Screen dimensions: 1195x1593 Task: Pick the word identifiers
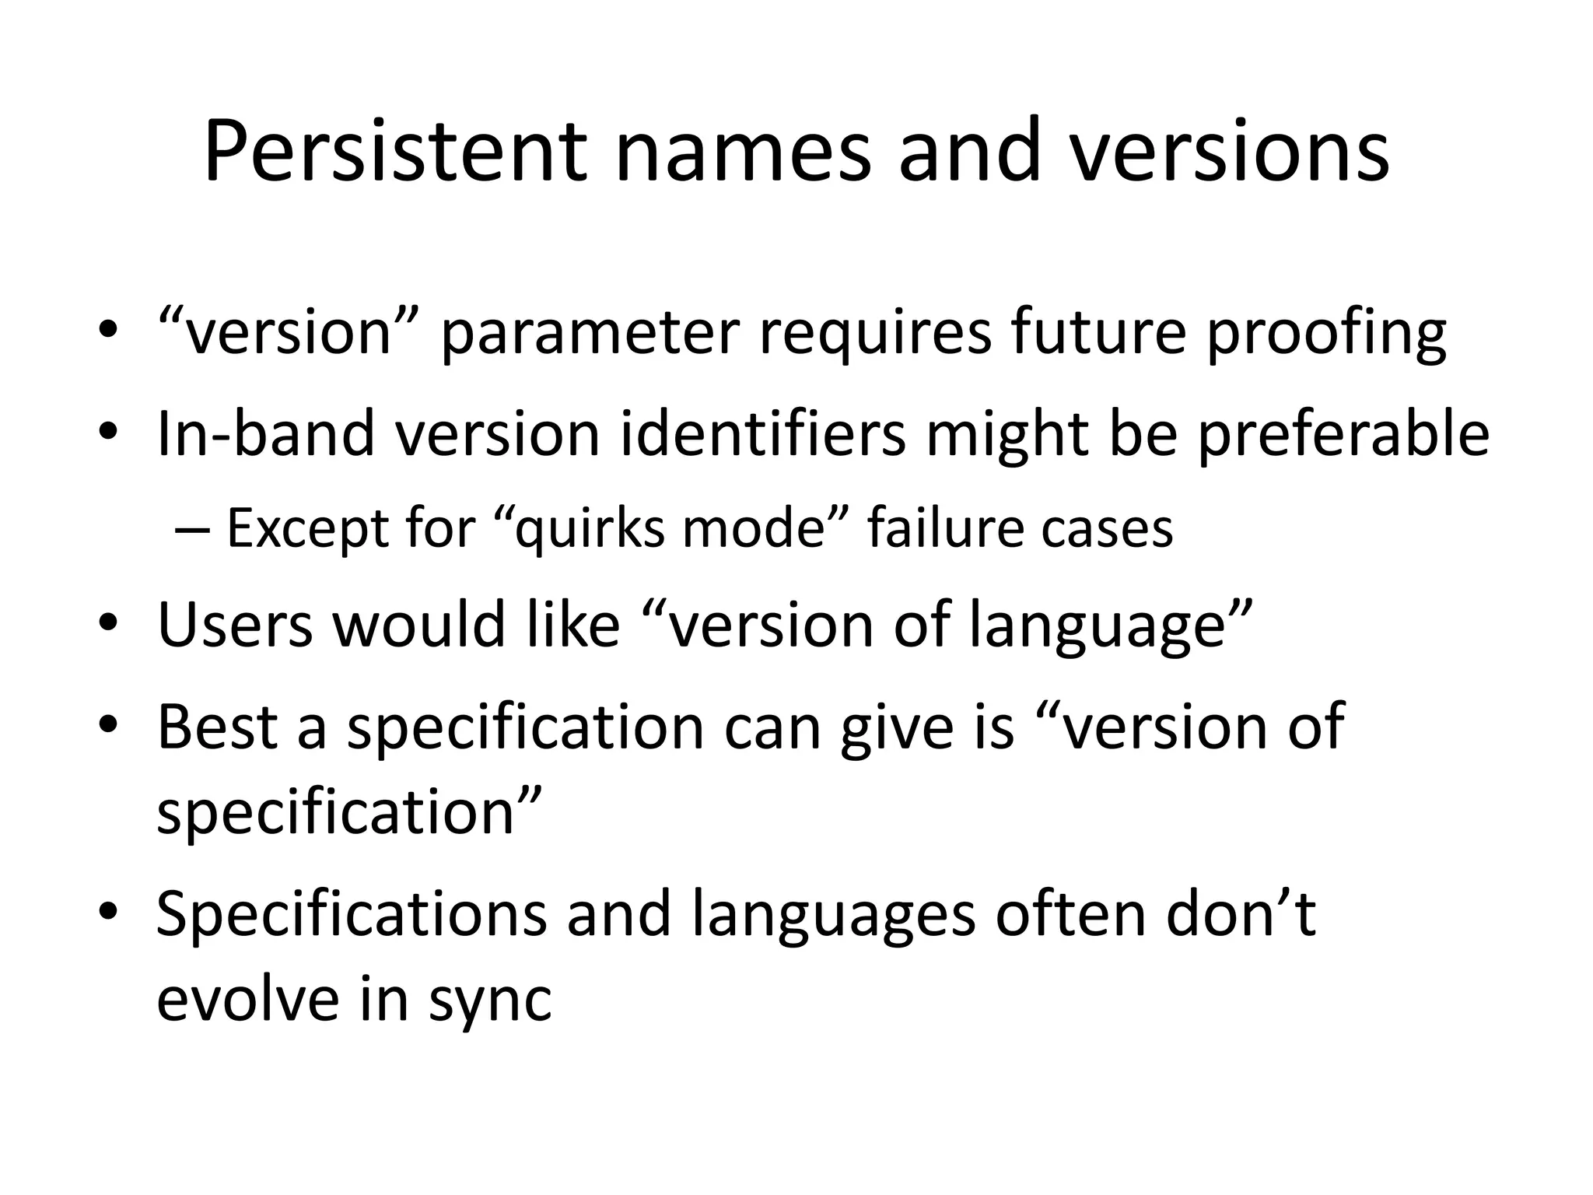coord(763,433)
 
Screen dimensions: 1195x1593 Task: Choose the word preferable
coord(1343,433)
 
